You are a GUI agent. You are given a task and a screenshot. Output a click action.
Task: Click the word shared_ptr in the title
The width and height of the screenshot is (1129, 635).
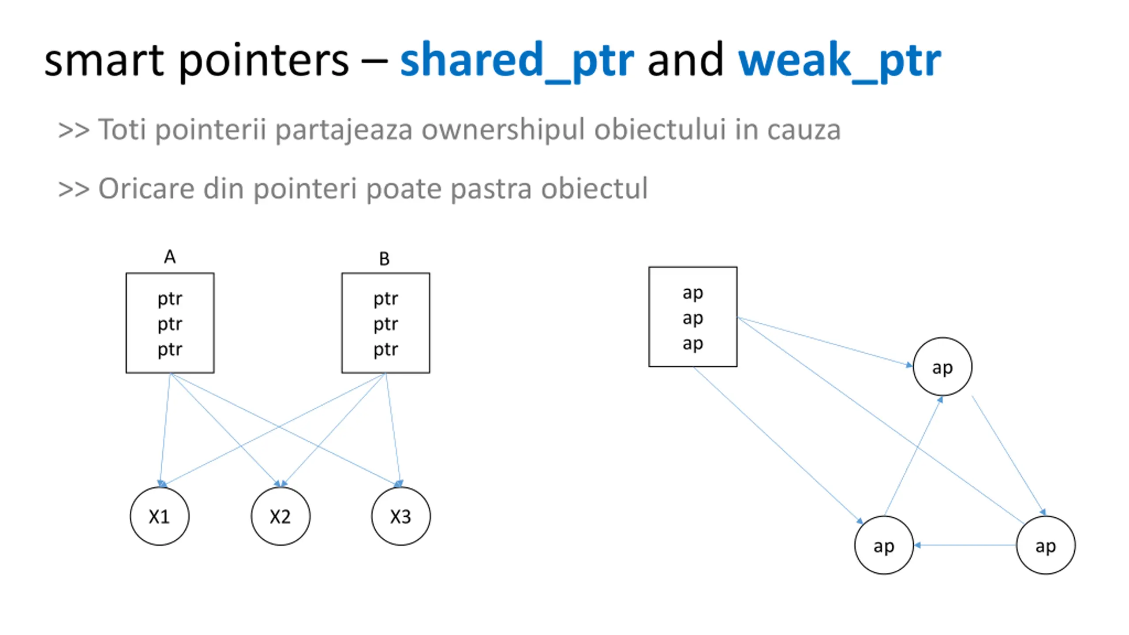coord(516,62)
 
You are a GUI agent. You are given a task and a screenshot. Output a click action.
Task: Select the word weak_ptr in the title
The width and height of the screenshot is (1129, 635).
coord(839,62)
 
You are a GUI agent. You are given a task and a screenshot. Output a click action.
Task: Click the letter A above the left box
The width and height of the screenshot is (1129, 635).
coord(170,257)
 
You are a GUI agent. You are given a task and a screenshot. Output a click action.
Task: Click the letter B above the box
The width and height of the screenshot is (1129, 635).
coord(384,259)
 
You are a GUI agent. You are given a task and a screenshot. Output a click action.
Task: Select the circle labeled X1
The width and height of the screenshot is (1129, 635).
coord(159,516)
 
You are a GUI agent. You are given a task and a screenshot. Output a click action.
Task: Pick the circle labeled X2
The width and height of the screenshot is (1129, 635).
coord(280,516)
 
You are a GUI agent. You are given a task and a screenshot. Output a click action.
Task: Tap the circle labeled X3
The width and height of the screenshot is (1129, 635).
coord(400,516)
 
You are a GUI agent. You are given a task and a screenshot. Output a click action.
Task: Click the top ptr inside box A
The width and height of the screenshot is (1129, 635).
coord(170,299)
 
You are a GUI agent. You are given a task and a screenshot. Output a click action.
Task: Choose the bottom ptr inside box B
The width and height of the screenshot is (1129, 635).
coord(385,349)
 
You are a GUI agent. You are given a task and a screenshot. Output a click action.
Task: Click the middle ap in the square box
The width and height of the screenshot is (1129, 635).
coord(692,318)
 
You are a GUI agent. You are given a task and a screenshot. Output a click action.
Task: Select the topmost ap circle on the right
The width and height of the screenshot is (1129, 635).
coord(942,367)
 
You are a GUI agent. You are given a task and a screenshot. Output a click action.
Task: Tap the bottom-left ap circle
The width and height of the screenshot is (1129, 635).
coord(883,545)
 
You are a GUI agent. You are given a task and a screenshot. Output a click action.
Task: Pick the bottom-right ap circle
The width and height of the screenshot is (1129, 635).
coord(1045,545)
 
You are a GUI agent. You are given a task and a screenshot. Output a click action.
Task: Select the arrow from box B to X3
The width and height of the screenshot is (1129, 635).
coord(393,430)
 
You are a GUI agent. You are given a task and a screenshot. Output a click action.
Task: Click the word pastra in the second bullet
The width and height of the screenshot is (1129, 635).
coord(490,189)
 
